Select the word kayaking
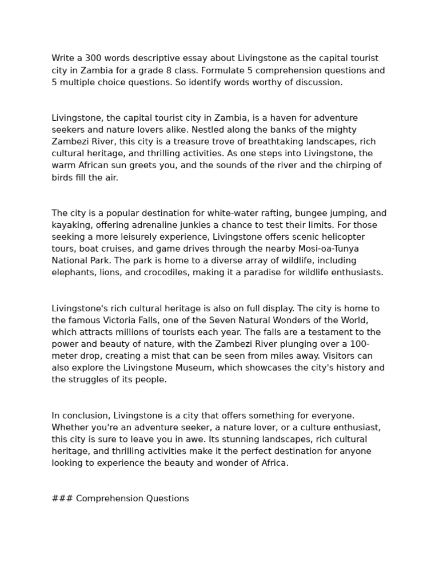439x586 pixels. tap(71, 225)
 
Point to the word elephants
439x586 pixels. tap(73, 272)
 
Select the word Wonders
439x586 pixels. tap(264, 320)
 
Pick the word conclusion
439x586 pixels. tap(86, 415)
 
